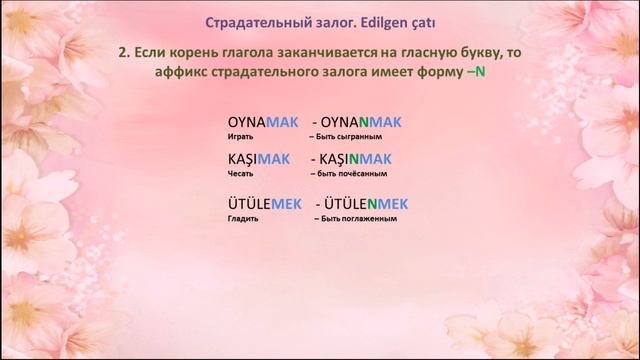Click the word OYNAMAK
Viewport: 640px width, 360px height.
coord(263,121)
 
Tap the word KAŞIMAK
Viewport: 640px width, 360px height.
coord(259,158)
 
